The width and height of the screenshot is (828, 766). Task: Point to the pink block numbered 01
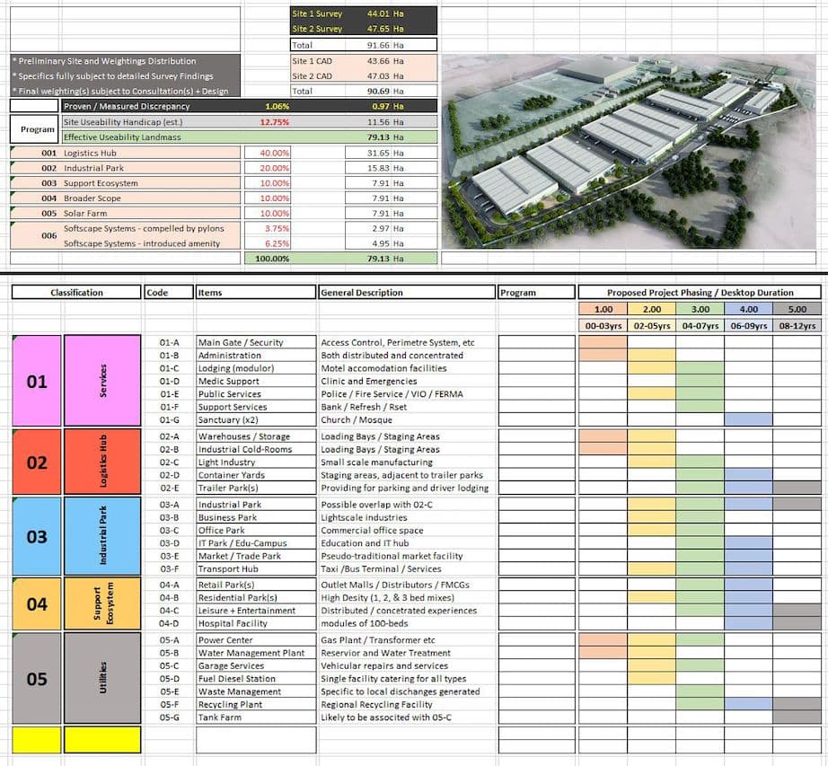pyautogui.click(x=37, y=382)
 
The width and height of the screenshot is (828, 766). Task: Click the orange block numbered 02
pyautogui.click(x=37, y=462)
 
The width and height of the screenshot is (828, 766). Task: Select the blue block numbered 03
pyautogui.click(x=37, y=537)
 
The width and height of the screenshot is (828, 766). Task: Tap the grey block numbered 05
pyautogui.click(x=37, y=679)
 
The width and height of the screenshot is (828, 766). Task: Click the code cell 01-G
pyautogui.click(x=169, y=419)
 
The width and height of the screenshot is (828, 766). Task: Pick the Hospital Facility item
pyautogui.click(x=233, y=623)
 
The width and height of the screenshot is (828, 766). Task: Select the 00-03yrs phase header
pyautogui.click(x=603, y=326)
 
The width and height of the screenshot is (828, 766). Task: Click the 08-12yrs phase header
pyautogui.click(x=797, y=326)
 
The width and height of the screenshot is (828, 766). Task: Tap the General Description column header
pyautogui.click(x=362, y=293)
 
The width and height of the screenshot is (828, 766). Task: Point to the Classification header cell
pyautogui.click(x=76, y=293)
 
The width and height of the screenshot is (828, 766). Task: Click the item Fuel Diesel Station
pyautogui.click(x=237, y=679)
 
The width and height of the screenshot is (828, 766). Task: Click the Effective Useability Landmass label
pyautogui.click(x=124, y=137)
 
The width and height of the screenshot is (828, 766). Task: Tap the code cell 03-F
pyautogui.click(x=169, y=568)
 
